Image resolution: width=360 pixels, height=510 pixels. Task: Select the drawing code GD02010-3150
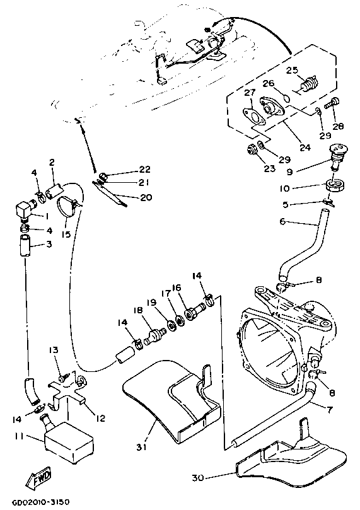pyautogui.click(x=41, y=502)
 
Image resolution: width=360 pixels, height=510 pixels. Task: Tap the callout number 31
pyautogui.click(x=141, y=447)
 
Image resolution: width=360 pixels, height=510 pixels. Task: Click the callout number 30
pyautogui.click(x=198, y=478)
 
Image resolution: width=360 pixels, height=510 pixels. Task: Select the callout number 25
pyautogui.click(x=292, y=70)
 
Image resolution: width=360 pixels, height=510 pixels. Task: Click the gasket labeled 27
pyautogui.click(x=253, y=117)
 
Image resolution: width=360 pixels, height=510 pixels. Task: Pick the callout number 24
pyautogui.click(x=305, y=147)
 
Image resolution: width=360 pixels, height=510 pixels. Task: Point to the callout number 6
pyautogui.click(x=282, y=221)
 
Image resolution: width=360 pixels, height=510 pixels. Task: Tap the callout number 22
pyautogui.click(x=145, y=169)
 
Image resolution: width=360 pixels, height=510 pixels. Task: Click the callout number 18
pyautogui.click(x=138, y=310)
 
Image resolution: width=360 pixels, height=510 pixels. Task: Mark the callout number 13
pyautogui.click(x=54, y=350)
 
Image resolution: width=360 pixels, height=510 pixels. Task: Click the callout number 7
pyautogui.click(x=330, y=410)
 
